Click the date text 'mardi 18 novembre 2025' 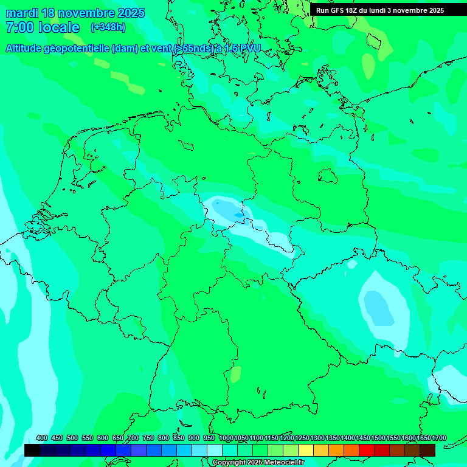(x=75, y=13)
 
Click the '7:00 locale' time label (x=42, y=27)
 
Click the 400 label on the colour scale (x=42, y=438)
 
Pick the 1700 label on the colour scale (x=438, y=438)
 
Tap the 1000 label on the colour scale (x=226, y=438)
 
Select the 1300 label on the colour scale (x=317, y=438)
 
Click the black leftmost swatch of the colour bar (x=32, y=450)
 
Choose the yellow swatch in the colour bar (x=306, y=450)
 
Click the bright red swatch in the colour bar (x=367, y=450)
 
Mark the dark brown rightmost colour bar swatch (x=427, y=450)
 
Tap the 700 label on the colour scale (x=133, y=438)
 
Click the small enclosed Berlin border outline (x=328, y=176)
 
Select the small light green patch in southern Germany (x=235, y=374)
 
